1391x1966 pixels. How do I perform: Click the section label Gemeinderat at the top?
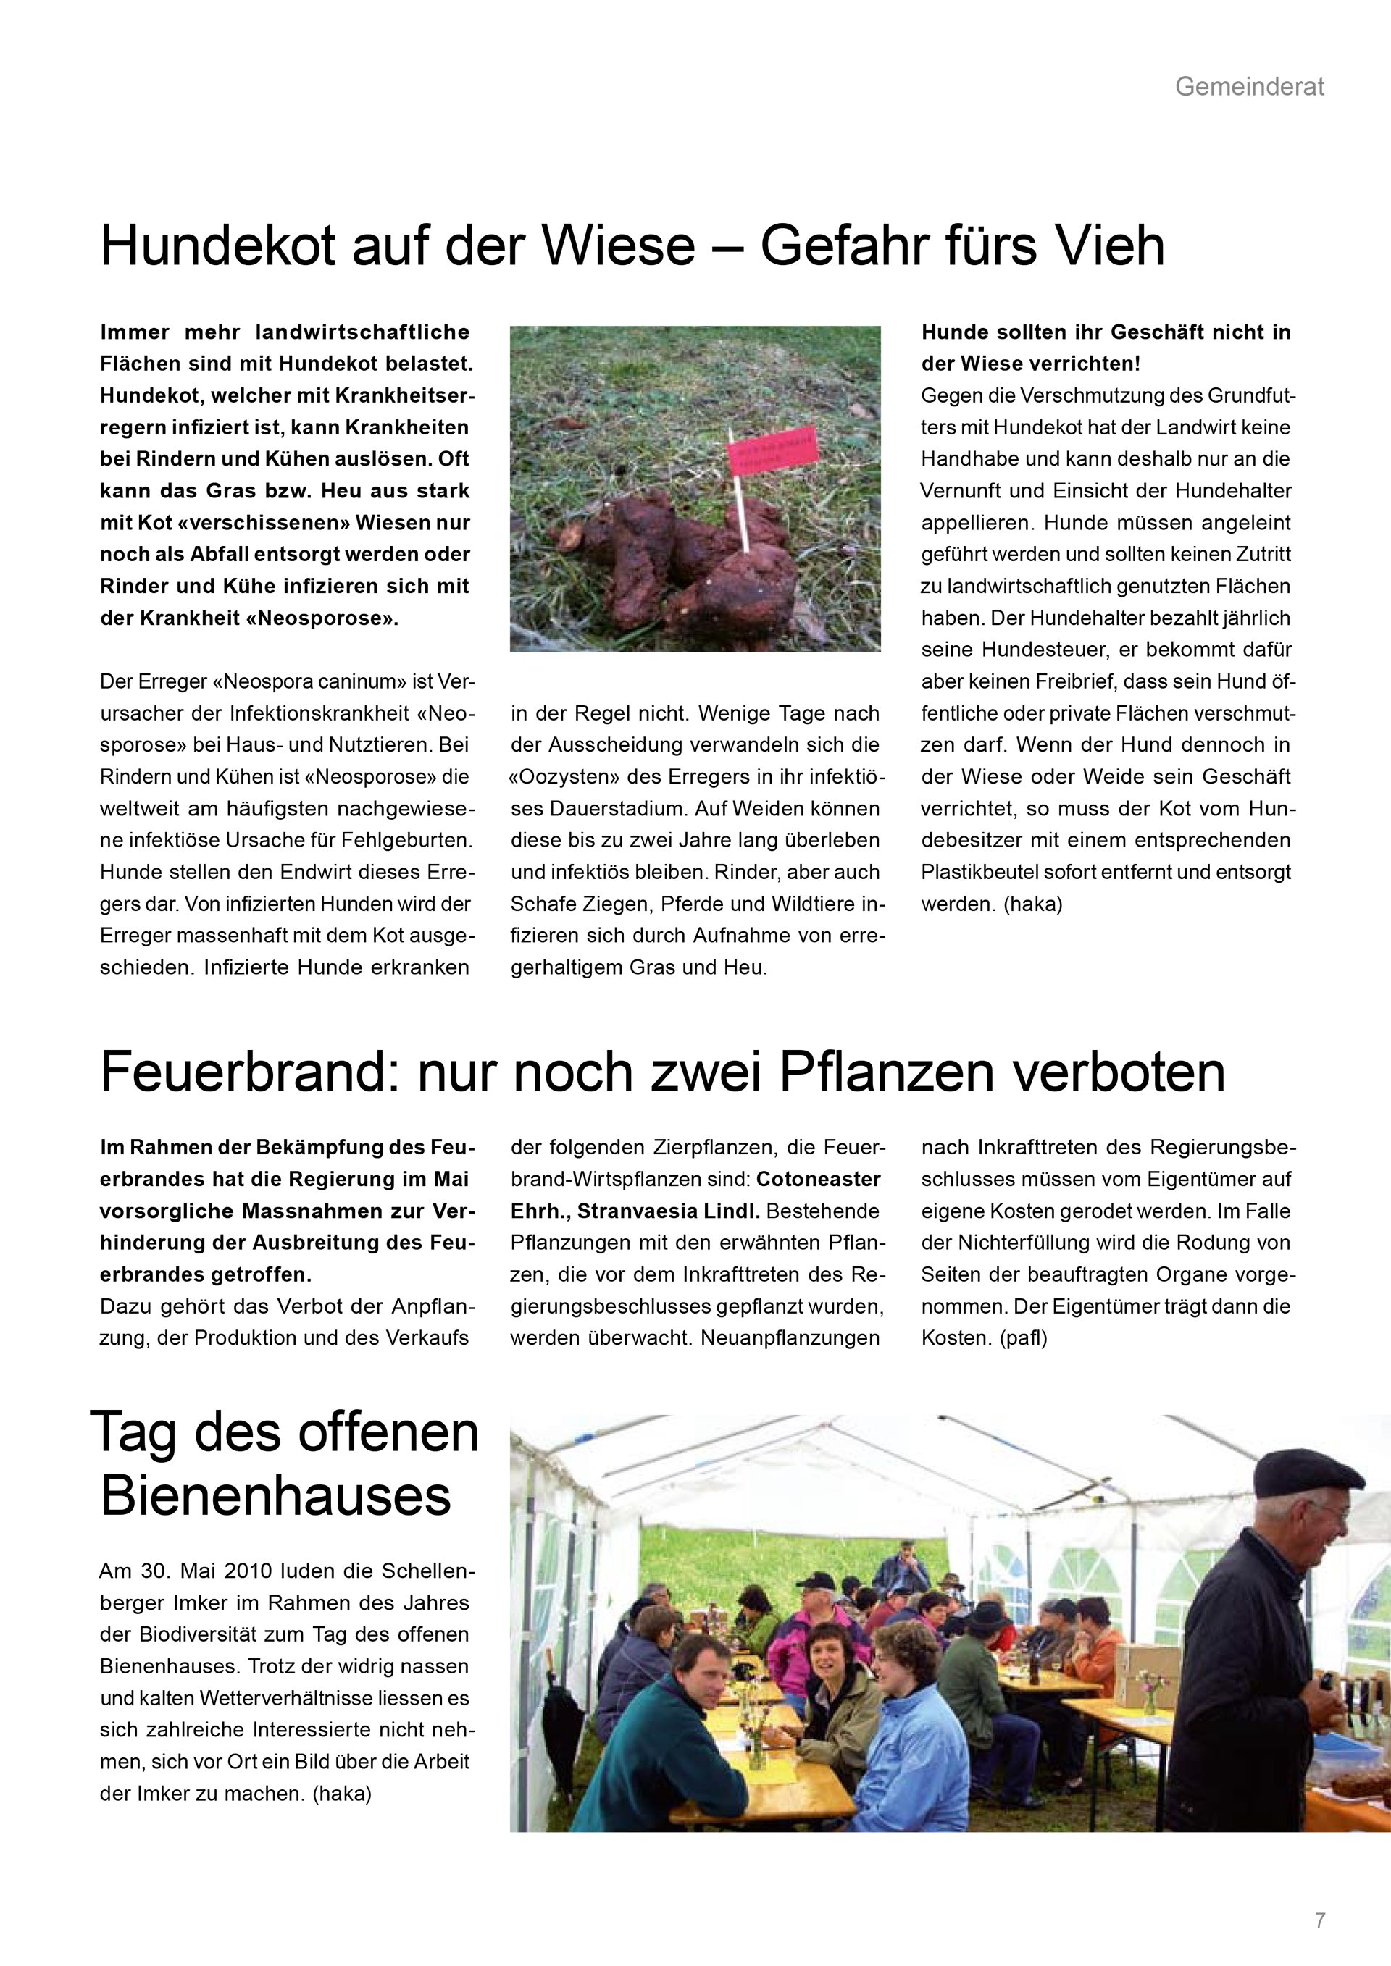(1249, 86)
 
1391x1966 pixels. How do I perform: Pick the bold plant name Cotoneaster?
(818, 1179)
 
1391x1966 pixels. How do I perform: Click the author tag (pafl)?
(1023, 1338)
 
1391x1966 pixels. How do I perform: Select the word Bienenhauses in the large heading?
(276, 1496)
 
